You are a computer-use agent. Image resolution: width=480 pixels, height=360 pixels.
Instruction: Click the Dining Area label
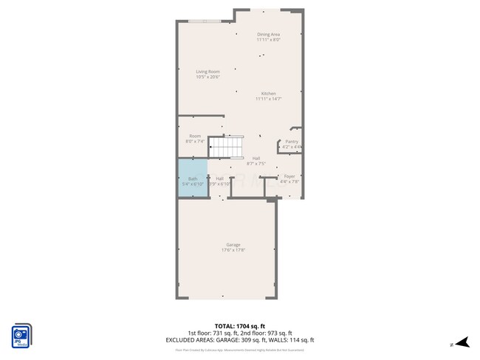point(268,35)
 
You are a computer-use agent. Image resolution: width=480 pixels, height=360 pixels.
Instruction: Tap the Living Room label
point(208,72)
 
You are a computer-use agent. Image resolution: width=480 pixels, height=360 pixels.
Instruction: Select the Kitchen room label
point(268,94)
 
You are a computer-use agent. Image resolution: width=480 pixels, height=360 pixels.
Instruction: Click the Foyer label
point(289,176)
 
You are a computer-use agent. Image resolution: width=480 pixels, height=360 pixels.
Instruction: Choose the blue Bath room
point(192,181)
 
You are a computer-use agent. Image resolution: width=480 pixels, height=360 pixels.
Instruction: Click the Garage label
point(233,245)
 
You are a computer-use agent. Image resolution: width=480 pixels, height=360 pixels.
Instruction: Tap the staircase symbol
point(224,148)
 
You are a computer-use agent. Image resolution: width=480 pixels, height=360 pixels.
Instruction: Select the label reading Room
point(195,136)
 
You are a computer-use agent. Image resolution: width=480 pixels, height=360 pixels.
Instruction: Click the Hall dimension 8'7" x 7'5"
point(256,164)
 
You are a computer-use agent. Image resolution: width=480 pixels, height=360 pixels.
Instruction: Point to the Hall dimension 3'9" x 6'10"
point(219,184)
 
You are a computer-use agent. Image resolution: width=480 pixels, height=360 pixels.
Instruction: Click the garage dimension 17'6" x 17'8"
point(233,251)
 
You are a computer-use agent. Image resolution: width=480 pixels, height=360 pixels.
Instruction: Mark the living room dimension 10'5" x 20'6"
point(208,77)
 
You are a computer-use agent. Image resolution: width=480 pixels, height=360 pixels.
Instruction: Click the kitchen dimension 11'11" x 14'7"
point(268,99)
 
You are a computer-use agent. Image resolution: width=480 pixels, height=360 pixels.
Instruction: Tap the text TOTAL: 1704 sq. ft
point(239,325)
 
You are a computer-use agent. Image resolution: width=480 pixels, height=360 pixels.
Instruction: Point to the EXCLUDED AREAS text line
point(239,339)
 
